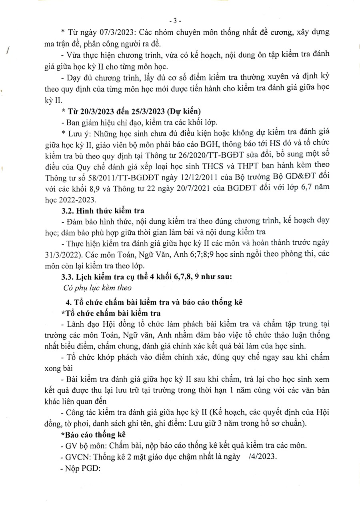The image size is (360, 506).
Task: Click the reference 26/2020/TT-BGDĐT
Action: coord(203,154)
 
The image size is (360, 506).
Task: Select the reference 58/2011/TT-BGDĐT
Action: coord(115,176)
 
